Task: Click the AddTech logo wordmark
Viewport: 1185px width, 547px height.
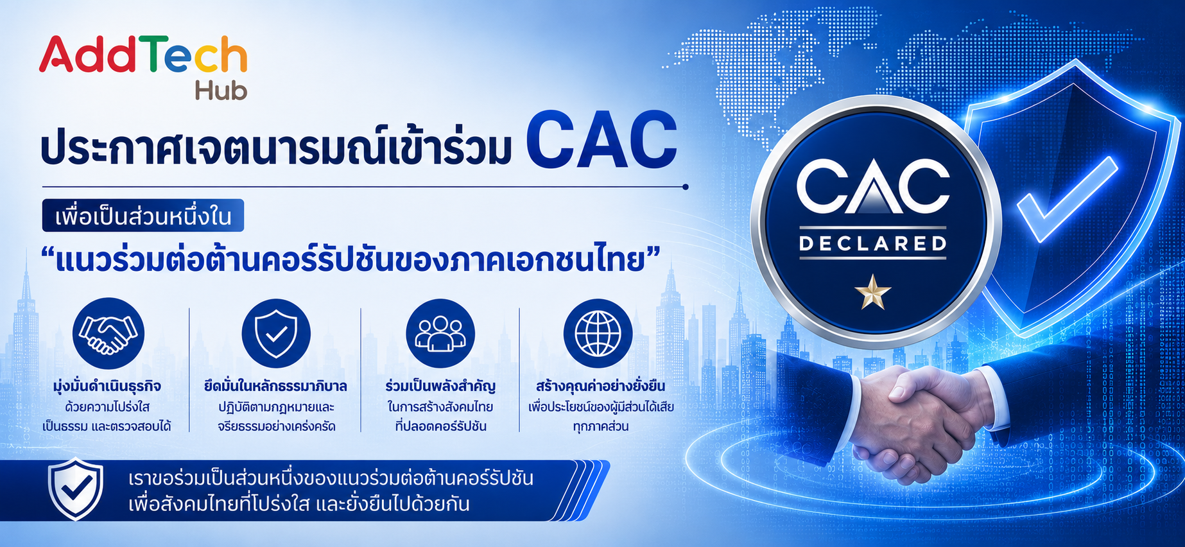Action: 143,55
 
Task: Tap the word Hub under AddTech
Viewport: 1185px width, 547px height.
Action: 221,91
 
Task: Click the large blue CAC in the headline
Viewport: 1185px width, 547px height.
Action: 601,140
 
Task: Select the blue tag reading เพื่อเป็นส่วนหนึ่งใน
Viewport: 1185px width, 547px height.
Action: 143,216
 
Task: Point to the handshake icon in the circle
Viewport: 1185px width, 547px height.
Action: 108,334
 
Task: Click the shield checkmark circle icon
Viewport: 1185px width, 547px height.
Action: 276,334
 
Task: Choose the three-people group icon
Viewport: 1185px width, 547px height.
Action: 440,334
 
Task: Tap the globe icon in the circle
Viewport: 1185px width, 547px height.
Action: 598,334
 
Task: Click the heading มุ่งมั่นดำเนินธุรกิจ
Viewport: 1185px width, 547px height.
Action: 107,386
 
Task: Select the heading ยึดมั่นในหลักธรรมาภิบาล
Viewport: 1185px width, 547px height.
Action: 276,386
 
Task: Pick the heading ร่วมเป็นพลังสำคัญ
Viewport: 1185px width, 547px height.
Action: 440,386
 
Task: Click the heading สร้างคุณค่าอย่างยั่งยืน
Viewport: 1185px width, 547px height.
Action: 601,386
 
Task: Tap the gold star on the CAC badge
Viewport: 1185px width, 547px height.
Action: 873,292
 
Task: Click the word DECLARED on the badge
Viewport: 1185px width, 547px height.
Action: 873,243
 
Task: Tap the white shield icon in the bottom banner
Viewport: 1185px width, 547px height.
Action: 76,489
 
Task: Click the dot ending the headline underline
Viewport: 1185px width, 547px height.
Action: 686,187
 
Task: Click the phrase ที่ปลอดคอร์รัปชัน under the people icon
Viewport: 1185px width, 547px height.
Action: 440,426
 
